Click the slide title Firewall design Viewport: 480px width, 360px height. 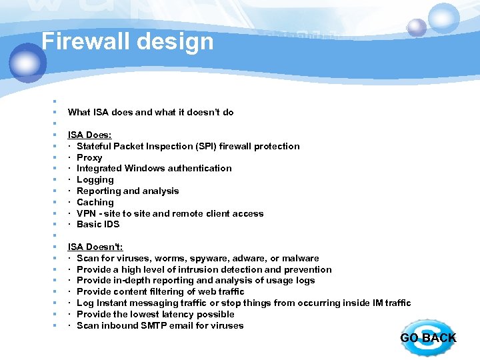point(127,41)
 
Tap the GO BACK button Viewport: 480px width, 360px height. point(428,338)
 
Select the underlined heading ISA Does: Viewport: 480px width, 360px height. point(89,135)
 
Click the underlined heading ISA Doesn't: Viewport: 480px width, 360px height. point(95,247)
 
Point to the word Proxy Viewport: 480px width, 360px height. point(89,157)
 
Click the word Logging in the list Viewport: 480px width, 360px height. point(95,179)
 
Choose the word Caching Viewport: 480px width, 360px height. point(95,202)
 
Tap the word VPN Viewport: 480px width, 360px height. point(87,213)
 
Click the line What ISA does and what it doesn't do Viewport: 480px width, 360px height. point(151,112)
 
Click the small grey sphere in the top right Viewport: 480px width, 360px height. point(417,27)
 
